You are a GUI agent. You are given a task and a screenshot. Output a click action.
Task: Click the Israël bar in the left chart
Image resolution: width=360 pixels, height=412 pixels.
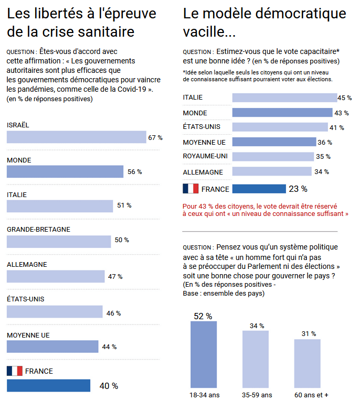(76, 137)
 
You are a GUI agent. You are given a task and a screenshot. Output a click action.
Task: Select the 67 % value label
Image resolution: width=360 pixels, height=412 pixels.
(155, 138)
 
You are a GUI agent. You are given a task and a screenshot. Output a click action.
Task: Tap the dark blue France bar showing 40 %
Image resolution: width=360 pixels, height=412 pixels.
(48, 385)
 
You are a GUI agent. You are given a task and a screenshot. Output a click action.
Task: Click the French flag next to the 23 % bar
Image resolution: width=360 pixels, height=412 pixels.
(190, 188)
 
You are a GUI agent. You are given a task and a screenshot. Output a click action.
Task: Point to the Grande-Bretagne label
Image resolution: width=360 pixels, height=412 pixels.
(38, 230)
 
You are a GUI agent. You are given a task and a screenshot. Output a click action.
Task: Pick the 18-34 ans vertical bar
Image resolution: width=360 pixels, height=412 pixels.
(204, 354)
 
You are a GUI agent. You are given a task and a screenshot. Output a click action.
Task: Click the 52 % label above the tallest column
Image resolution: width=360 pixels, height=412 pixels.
(203, 316)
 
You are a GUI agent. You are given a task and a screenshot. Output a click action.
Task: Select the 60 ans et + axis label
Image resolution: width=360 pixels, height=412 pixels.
(311, 395)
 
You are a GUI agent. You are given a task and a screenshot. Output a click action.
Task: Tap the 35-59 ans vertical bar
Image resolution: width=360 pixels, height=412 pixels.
(256, 359)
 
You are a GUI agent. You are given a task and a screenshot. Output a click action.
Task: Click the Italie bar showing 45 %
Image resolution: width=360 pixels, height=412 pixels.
(284, 97)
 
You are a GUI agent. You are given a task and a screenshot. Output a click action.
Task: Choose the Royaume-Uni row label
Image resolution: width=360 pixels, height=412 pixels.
(205, 156)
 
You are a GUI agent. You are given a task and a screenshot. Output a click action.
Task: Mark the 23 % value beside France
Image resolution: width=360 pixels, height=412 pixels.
(298, 189)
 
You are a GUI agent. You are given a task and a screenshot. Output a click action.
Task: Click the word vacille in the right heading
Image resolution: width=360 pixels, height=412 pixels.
(209, 32)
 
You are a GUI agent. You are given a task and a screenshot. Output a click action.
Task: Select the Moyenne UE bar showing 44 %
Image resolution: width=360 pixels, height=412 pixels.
(52, 346)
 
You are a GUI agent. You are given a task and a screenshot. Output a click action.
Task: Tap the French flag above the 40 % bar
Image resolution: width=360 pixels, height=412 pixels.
(15, 371)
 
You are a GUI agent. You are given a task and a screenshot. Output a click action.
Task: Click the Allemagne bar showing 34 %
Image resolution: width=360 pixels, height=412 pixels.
(272, 171)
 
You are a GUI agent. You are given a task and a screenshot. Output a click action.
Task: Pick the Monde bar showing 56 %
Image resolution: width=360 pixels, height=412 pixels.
(65, 171)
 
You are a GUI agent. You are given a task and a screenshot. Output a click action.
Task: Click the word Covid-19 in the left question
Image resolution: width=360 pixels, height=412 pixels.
(132, 89)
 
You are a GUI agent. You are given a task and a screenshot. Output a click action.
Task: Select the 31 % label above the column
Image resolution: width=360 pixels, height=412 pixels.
(309, 334)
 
